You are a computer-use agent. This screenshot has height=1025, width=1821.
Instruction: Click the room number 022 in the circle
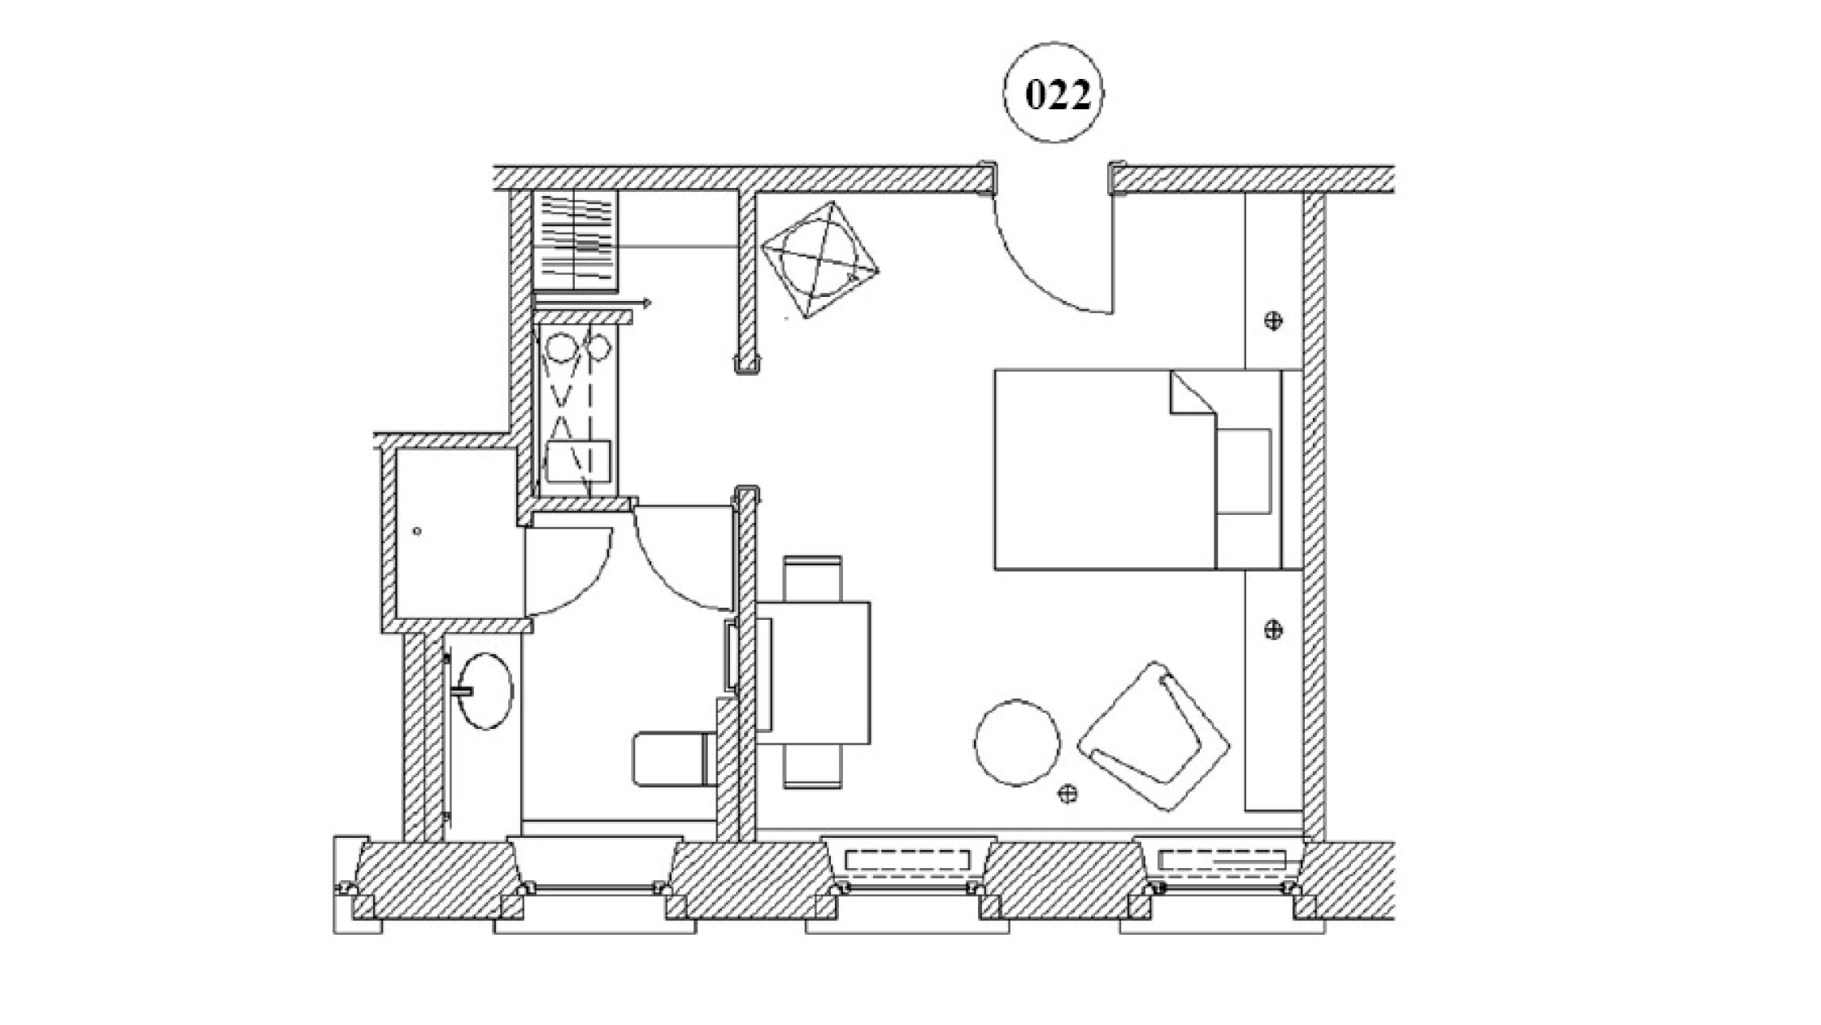click(x=1056, y=94)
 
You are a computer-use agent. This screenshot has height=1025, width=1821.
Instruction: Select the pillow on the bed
click(x=1244, y=471)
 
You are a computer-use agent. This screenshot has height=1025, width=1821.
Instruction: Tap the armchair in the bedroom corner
click(x=1154, y=737)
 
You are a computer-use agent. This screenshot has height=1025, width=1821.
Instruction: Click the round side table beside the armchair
click(x=1017, y=742)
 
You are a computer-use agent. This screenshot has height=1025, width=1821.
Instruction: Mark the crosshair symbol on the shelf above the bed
click(x=1274, y=321)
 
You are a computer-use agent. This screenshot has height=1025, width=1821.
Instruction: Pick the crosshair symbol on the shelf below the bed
click(x=1274, y=629)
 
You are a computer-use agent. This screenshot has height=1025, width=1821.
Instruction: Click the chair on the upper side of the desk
click(x=812, y=578)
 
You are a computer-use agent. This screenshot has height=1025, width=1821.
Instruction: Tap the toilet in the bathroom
click(x=671, y=758)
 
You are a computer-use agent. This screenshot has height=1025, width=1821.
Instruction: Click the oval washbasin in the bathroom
click(x=485, y=690)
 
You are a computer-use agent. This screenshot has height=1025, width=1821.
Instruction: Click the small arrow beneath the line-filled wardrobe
click(x=645, y=303)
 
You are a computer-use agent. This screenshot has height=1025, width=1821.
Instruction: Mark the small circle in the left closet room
click(x=417, y=531)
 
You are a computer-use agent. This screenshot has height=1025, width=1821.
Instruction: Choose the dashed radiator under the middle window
click(x=907, y=860)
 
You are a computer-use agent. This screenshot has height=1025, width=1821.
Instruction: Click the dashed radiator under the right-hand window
click(x=1222, y=860)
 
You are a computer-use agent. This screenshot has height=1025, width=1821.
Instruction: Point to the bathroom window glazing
click(x=594, y=889)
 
